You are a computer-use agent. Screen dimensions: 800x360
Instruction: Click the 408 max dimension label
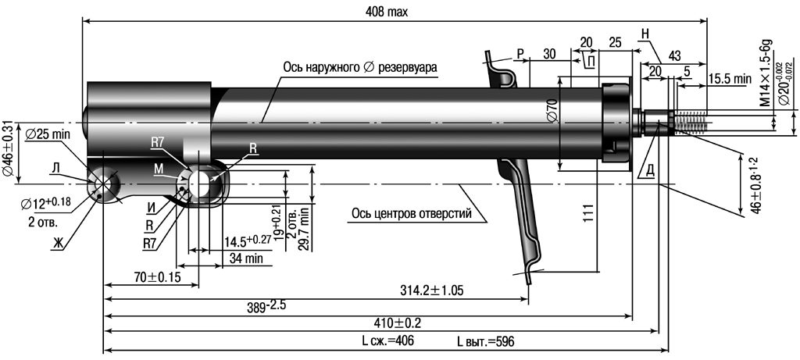387,12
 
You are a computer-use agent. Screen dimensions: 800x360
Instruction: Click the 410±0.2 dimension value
398,323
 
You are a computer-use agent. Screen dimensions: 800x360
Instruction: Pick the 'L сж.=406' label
384,341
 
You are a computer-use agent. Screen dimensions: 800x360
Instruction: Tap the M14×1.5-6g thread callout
766,73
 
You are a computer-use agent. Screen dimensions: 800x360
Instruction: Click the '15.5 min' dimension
730,79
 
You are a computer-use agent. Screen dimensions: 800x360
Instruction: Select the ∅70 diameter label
552,111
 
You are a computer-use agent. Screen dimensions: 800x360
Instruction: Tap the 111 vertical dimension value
589,212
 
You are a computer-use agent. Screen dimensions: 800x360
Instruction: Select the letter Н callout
645,34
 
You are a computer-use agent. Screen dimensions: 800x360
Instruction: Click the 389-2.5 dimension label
266,306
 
